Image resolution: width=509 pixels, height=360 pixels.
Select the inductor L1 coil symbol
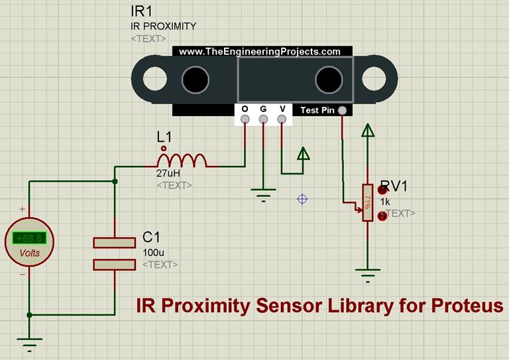coord(182,159)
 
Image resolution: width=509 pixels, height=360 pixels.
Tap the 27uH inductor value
coord(168,172)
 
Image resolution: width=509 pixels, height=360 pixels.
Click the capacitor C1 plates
coord(114,253)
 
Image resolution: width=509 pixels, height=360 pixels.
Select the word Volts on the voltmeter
coord(29,253)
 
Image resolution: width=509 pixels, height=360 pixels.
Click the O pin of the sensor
coord(245,119)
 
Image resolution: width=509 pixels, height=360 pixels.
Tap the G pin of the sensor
coord(263,119)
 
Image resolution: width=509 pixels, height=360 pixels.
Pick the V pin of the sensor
coord(282,119)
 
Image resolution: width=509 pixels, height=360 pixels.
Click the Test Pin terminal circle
coord(342,111)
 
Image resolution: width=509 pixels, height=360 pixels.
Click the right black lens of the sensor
coord(329,80)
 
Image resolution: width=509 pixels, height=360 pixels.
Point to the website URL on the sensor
coord(259,51)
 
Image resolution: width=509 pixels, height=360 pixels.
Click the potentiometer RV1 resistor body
coord(366,202)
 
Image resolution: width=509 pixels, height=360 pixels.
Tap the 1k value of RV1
coord(385,201)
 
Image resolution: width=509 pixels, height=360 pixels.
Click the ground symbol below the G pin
coord(263,193)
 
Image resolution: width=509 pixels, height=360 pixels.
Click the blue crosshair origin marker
coord(302,198)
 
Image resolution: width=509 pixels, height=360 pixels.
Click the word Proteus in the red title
coord(467,306)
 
